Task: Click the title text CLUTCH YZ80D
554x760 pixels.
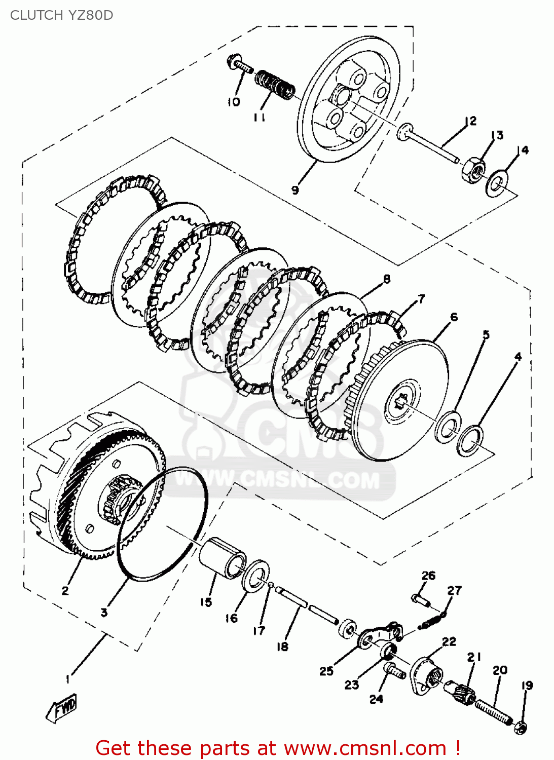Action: (x=62, y=15)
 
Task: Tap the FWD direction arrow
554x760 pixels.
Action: (x=61, y=707)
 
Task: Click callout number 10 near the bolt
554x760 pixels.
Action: (x=233, y=102)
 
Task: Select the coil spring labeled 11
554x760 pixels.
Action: (x=275, y=85)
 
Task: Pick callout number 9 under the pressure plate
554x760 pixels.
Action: (x=295, y=190)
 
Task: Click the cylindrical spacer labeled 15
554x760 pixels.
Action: (x=222, y=557)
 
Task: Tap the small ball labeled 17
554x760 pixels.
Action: (x=271, y=585)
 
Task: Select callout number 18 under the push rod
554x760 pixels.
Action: (x=282, y=647)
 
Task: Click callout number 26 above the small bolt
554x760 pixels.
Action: (x=428, y=576)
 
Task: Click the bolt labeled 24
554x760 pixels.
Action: (x=394, y=671)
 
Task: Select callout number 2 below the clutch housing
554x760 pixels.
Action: (x=65, y=590)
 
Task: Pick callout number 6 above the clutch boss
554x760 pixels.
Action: (x=454, y=317)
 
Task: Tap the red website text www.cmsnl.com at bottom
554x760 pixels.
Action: (x=365, y=748)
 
